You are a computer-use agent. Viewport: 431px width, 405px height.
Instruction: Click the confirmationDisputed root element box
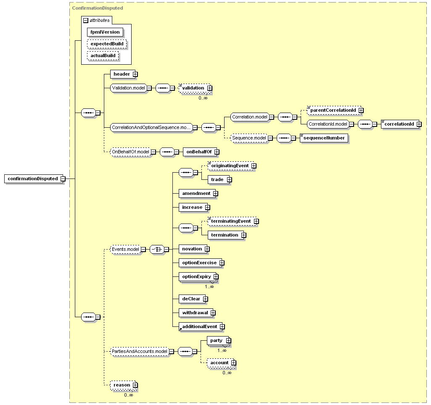point(34,179)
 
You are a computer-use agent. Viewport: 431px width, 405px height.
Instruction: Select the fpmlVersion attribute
point(105,32)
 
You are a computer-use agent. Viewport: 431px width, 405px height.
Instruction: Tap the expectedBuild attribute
point(107,44)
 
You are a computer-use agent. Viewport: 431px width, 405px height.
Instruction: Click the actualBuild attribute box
point(103,56)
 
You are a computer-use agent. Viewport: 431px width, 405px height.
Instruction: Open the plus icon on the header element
point(135,74)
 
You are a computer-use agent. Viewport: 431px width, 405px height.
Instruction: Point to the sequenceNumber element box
point(324,138)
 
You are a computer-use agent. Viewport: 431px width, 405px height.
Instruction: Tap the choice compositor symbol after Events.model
point(157,249)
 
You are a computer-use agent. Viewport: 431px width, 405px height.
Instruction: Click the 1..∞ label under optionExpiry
point(209,287)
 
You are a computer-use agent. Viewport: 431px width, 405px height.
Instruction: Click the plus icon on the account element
point(233,363)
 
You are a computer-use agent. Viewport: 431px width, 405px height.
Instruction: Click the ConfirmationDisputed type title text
point(98,8)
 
